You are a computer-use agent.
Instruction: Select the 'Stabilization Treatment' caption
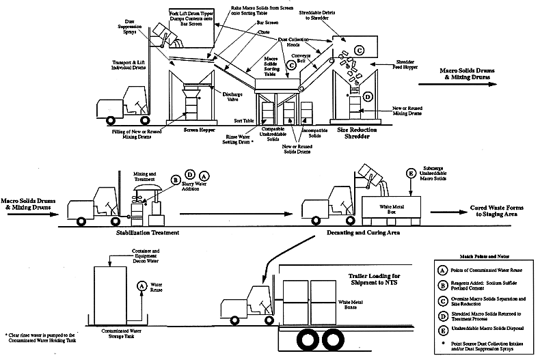147,233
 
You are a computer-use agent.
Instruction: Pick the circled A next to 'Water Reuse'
141,286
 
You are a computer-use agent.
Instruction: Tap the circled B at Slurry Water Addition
176,180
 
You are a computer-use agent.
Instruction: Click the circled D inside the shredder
367,96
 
